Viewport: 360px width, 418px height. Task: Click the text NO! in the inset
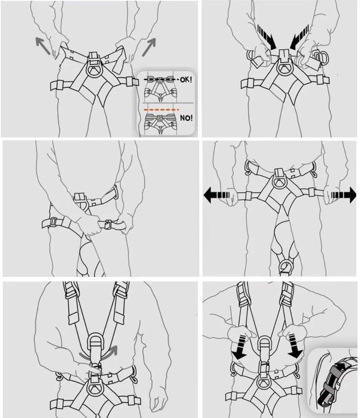pos(186,118)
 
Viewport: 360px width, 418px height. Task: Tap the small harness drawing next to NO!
pos(160,124)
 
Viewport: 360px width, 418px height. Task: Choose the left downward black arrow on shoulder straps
pos(239,347)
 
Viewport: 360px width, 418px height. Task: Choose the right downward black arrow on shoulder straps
pos(295,346)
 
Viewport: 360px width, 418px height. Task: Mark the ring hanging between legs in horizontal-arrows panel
pos(286,266)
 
